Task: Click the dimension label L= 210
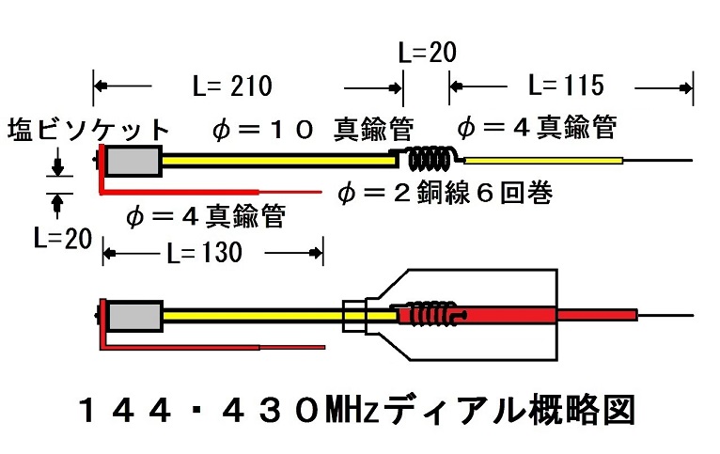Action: pos(230,86)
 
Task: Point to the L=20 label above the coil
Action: pos(426,53)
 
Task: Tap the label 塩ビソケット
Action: pos(90,130)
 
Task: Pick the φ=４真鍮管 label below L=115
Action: pos(536,127)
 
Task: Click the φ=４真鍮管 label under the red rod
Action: pos(205,216)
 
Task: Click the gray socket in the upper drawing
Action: pos(133,163)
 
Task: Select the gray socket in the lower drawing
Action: pos(135,316)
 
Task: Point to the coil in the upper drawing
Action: pos(430,154)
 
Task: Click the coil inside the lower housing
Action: pos(430,315)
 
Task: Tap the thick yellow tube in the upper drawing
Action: pos(277,162)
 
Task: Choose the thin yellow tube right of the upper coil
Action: pos(543,161)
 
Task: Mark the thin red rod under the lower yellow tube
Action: pos(216,347)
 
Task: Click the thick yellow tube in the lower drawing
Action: pos(254,315)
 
